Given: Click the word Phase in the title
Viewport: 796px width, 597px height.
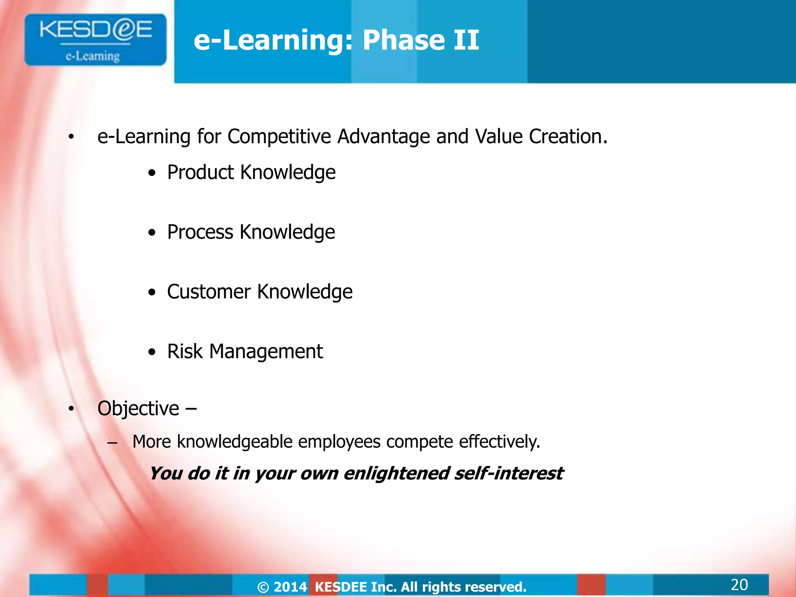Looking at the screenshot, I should (x=402, y=40).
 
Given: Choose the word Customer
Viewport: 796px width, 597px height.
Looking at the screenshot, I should (x=209, y=292).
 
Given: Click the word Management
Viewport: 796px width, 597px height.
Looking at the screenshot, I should (x=266, y=352).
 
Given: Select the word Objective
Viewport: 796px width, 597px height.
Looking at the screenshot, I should (x=138, y=409).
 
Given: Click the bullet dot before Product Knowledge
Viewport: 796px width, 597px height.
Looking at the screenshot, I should (x=152, y=173).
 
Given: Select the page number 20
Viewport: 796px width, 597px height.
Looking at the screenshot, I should (x=739, y=585).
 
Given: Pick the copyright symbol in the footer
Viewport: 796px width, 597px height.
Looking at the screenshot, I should (x=263, y=587).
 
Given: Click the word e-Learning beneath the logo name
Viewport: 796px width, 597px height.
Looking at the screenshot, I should (x=93, y=56).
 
